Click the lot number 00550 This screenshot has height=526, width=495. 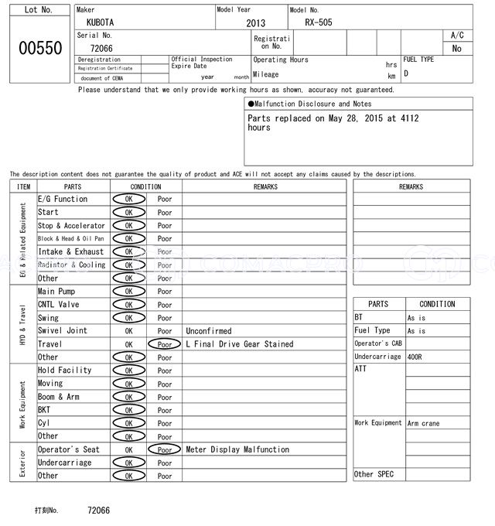tap(39, 48)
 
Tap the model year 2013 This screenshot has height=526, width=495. tap(255, 23)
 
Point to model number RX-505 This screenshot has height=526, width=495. tap(318, 22)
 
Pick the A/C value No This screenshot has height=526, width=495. tap(457, 49)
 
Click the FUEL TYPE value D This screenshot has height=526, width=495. tap(406, 74)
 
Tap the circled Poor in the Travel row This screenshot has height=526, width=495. tap(164, 344)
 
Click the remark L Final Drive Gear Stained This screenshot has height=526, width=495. tap(240, 344)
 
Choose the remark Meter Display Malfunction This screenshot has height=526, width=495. tap(237, 449)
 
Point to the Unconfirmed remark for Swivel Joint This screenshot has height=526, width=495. tap(209, 331)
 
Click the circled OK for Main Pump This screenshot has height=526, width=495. tap(128, 292)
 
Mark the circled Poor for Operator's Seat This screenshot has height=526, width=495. tap(164, 449)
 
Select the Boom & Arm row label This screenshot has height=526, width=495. tap(59, 397)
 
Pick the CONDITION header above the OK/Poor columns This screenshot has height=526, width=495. tap(145, 186)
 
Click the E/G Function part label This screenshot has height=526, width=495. tap(63, 199)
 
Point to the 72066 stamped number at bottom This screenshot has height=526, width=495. tap(98, 511)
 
